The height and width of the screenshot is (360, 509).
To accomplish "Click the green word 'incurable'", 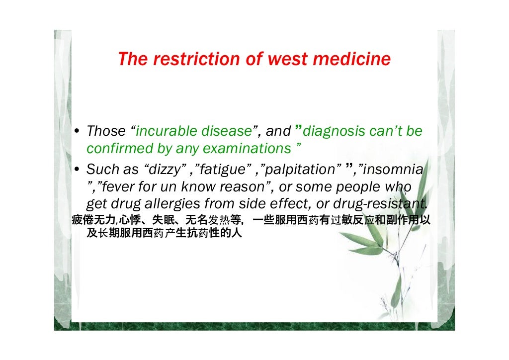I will pos(166,131).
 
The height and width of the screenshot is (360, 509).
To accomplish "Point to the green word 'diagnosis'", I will pos(334,131).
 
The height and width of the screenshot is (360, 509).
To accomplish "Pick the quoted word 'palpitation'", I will pos(300,170).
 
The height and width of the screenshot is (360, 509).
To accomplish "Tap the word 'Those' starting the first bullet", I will pos(106,131).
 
